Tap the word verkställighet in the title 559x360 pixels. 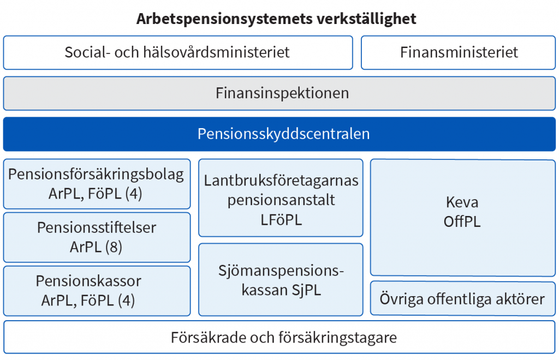click(366, 19)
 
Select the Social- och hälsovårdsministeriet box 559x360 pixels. click(178, 52)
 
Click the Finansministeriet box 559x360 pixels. click(458, 52)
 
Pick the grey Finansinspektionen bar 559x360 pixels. click(279, 93)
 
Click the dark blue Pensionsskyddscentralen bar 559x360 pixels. click(279, 134)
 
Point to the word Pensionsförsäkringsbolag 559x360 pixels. click(96, 175)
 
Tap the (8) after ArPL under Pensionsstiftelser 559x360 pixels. click(114, 247)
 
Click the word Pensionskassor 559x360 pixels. click(88, 281)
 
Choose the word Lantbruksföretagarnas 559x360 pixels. click(281, 181)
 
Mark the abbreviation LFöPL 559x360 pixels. click(281, 220)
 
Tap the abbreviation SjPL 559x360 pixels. click(306, 290)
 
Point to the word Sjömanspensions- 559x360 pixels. click(281, 271)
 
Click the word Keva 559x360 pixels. click(462, 202)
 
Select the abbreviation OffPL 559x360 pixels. click(462, 222)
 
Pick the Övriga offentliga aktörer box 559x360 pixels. click(463, 298)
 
